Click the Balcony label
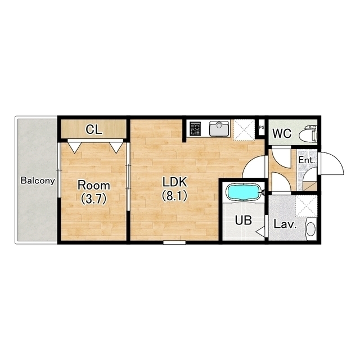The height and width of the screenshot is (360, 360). tap(38, 181)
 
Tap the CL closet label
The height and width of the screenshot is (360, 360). tap(94, 130)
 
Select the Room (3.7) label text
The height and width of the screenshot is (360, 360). tap(94, 192)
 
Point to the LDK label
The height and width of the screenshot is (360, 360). tap(174, 182)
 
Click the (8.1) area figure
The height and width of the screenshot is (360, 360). tap(174, 196)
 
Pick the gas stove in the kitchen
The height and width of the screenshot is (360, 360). tap(195, 128)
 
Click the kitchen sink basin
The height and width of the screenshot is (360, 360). tap(219, 128)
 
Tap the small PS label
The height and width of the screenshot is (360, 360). tap(262, 128)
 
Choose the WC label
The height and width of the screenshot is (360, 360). tap(282, 133)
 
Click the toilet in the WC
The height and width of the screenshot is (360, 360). tap(308, 133)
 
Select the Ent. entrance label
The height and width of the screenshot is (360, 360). tap(306, 160)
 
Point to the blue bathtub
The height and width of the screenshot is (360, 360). tap(244, 191)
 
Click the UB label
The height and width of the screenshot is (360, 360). tap(244, 220)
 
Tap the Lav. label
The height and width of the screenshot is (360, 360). tap(285, 224)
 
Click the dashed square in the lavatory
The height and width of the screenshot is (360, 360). tap(307, 206)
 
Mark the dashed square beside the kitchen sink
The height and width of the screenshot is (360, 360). tap(244, 130)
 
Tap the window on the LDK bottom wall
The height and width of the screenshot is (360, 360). tap(174, 242)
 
